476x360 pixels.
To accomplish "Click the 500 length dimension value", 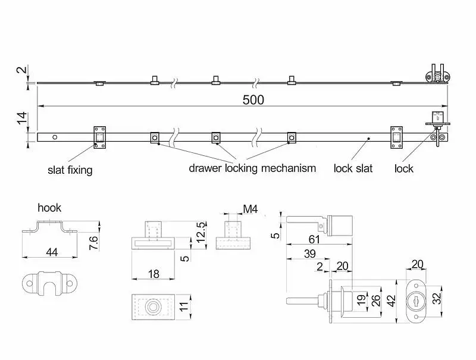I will pos(253,99).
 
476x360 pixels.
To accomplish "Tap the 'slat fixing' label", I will pos(70,170).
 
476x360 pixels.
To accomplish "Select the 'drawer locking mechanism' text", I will pos(252,168).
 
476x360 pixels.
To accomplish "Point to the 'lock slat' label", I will pos(353,168).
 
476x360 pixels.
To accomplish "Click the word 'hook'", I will pos(49,208).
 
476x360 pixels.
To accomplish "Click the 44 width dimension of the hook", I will pos(51,252).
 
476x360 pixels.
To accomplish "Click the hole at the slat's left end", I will pos(55,137).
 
